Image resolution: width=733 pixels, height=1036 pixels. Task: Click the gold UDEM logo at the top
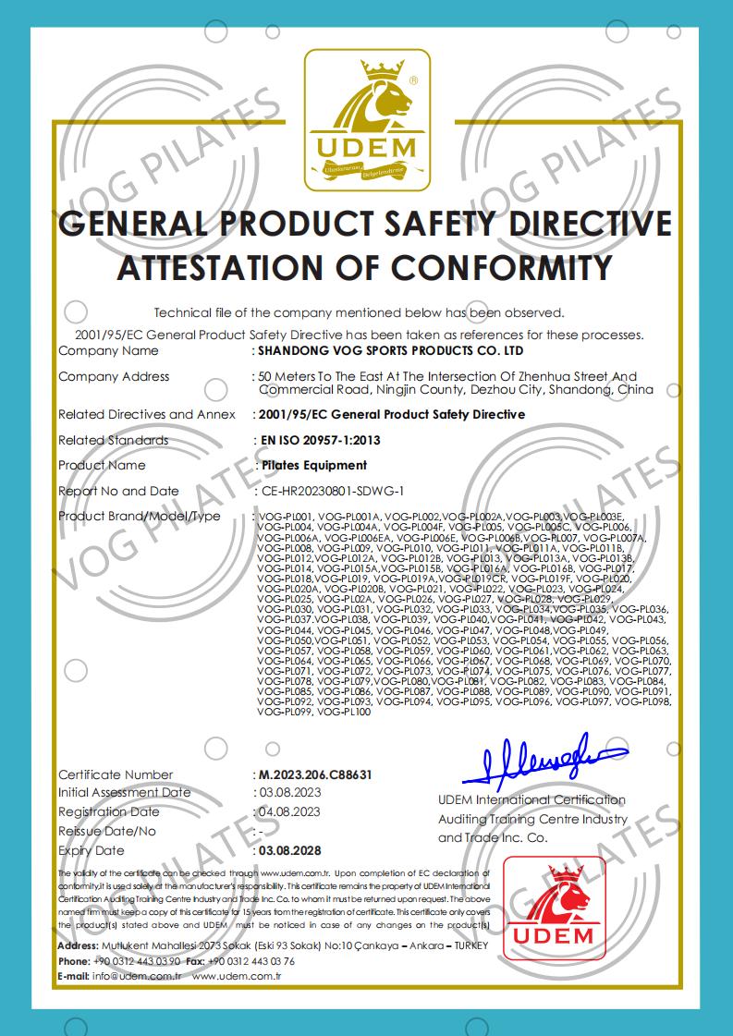point(366,120)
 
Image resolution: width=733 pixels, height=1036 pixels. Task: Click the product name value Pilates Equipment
point(313,465)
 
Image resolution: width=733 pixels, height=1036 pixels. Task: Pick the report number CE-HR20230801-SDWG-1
point(333,491)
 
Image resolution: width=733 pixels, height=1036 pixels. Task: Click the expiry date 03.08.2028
point(289,850)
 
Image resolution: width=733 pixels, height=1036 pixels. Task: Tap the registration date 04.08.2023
point(288,812)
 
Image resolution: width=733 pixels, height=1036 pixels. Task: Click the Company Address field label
point(114,376)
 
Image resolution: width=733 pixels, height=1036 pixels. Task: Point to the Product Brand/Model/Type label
point(140,516)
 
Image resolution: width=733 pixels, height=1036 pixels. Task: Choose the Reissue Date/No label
point(107,831)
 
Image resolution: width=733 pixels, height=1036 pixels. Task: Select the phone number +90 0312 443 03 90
point(139,961)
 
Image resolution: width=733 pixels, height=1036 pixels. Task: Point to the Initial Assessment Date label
point(125,793)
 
